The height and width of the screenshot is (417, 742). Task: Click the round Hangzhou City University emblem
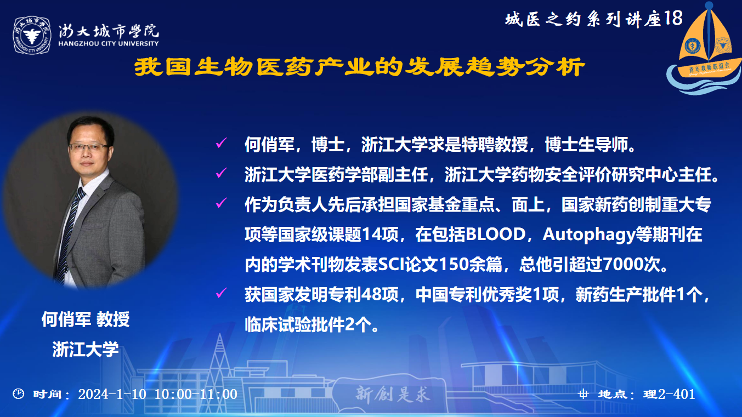point(32,35)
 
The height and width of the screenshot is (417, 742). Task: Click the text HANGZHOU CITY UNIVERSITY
point(109,43)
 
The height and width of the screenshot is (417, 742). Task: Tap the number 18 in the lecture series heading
point(673,18)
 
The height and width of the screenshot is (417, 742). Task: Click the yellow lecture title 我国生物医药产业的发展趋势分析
point(359,67)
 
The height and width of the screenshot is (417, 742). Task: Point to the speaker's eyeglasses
point(89,147)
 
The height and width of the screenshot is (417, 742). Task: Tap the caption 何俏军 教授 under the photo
point(86,319)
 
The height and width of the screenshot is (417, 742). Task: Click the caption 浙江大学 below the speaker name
point(86,349)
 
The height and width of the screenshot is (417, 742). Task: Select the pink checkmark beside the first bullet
point(221,143)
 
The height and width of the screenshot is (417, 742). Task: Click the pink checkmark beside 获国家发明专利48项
point(221,293)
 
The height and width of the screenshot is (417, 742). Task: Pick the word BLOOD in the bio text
point(496,235)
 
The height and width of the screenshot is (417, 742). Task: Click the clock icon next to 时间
point(18,394)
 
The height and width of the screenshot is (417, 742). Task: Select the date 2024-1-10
point(112,394)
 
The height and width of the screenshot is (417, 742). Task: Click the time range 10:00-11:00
point(196,394)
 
